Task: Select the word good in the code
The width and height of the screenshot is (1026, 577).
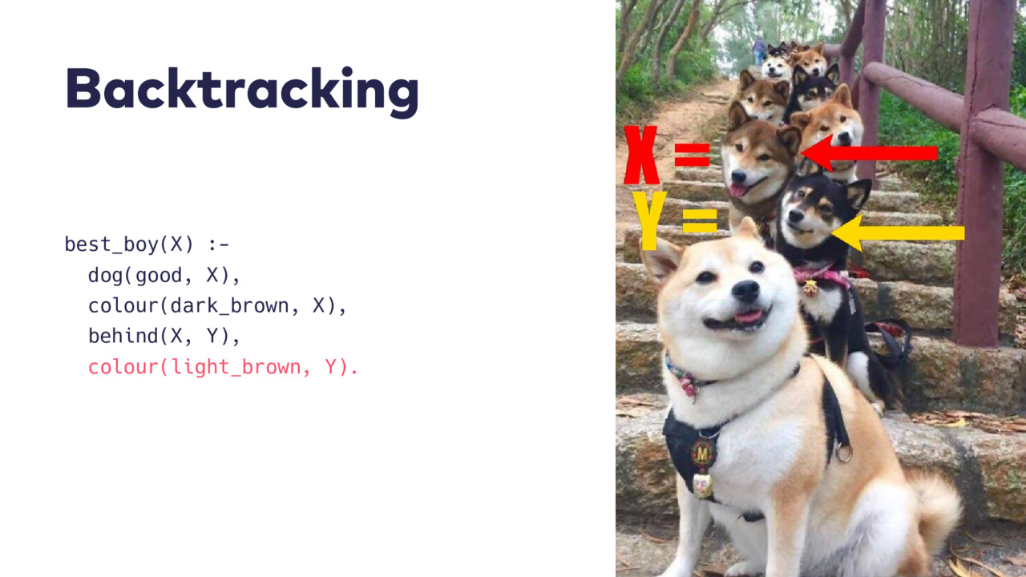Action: [159, 276]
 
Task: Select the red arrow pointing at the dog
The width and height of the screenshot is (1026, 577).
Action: [869, 153]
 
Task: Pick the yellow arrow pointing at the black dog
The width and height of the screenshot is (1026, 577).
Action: [898, 233]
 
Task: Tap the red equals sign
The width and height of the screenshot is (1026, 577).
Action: [692, 155]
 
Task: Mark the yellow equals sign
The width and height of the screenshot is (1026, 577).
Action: [700, 221]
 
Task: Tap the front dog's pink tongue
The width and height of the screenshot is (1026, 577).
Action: [749, 317]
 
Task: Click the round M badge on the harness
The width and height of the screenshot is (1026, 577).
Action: [703, 454]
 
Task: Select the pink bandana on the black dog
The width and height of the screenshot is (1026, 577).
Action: [822, 276]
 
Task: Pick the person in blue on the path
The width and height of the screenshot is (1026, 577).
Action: [759, 50]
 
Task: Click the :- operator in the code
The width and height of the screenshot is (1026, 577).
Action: [219, 245]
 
